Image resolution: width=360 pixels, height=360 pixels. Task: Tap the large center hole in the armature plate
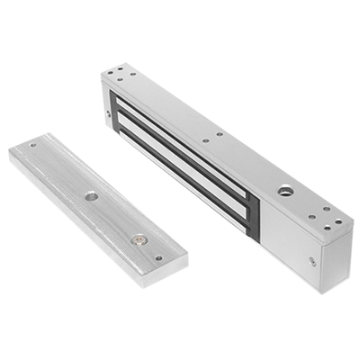click(92, 195)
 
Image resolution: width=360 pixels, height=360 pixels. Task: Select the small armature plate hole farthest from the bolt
click(33, 145)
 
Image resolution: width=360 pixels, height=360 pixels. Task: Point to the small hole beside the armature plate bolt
click(159, 257)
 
